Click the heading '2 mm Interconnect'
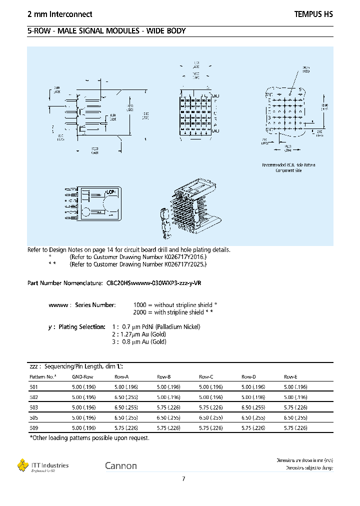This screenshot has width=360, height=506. pos(59,14)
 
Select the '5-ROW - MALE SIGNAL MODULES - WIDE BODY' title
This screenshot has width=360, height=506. pos(106,31)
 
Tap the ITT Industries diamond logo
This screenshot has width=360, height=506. pos(23,465)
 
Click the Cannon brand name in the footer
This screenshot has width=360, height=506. pos(120,466)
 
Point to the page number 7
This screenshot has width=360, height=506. pos(183,479)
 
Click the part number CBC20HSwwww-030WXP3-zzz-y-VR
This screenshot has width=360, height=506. pos(154,283)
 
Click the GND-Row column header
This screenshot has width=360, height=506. pos(82,376)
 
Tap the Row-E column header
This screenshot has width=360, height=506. pos(291,376)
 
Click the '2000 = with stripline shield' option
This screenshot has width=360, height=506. pos(175,312)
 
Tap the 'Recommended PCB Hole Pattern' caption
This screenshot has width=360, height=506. pos(288,167)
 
